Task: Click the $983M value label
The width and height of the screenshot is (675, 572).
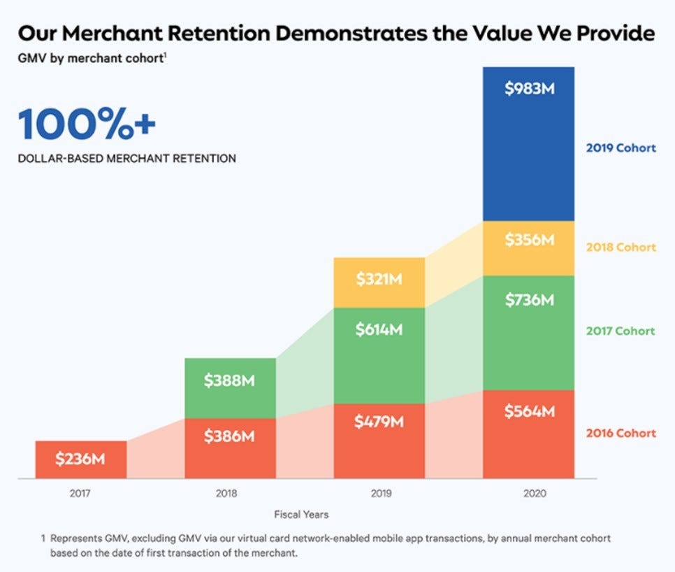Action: click(530, 89)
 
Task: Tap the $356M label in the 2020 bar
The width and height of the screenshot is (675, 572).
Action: click(530, 239)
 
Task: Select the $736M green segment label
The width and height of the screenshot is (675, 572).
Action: click(530, 300)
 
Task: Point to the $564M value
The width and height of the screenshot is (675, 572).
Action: click(530, 411)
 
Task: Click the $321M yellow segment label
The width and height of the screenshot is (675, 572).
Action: click(379, 279)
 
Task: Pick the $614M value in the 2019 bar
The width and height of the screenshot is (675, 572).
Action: click(379, 329)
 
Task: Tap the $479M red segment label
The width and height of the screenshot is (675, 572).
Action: click(379, 421)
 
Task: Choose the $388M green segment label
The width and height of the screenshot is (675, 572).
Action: click(229, 380)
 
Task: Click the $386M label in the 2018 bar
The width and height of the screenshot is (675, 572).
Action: click(229, 436)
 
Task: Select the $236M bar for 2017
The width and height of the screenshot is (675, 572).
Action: click(81, 459)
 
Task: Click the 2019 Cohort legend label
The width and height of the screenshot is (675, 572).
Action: click(620, 148)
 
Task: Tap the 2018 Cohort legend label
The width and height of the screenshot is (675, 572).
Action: click(620, 248)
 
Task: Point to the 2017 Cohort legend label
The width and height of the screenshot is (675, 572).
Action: click(620, 331)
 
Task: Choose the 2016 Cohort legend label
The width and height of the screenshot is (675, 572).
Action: click(620, 433)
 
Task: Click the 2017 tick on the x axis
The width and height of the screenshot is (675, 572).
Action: click(80, 493)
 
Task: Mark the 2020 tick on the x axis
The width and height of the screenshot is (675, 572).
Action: click(535, 493)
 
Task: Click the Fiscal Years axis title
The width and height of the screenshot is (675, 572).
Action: click(301, 514)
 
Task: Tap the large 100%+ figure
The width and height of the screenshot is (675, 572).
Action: click(87, 124)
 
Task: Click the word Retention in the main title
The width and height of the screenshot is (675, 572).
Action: click(219, 33)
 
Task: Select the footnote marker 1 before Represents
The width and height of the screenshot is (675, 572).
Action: click(43, 538)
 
